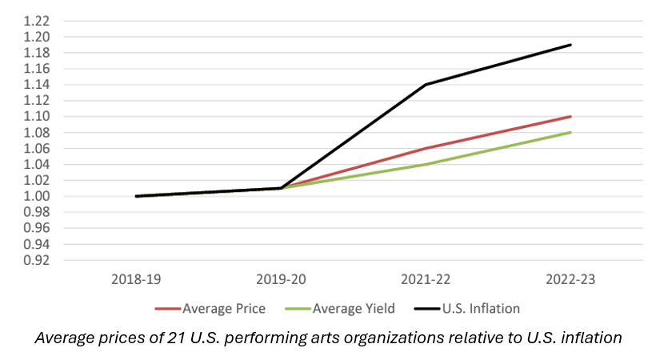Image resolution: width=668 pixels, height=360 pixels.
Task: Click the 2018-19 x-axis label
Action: click(x=136, y=281)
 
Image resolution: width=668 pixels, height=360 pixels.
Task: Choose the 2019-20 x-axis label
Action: click(x=281, y=281)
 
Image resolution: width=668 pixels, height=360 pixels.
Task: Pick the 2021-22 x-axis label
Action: click(x=426, y=281)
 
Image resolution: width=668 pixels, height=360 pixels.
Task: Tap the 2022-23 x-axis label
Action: click(x=570, y=281)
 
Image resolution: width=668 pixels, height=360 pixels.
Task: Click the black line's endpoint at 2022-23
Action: click(x=570, y=45)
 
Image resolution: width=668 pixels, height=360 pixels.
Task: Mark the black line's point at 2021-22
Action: click(x=426, y=84)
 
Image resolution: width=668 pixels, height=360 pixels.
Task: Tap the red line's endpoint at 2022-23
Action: click(x=570, y=116)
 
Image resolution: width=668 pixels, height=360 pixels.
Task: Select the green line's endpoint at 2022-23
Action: click(x=570, y=132)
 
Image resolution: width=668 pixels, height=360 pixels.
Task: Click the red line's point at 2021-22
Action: click(x=426, y=148)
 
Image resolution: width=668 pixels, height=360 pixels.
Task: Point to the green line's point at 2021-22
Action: click(x=426, y=164)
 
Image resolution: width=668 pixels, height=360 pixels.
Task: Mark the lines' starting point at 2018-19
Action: click(x=136, y=196)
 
